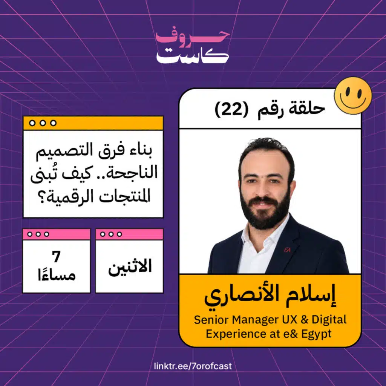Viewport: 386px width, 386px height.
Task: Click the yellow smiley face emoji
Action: click(353, 95)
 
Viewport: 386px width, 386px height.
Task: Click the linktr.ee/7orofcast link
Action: click(193, 366)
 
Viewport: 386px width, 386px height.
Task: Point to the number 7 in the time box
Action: click(57, 256)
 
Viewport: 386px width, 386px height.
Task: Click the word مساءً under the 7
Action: click(57, 274)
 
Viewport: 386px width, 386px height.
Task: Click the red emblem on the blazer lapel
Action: click(287, 250)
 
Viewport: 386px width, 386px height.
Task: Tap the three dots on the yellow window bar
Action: click(43, 123)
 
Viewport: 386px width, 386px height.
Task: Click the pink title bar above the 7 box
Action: click(57, 234)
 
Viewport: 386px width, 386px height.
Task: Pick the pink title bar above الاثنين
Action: click(130, 234)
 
